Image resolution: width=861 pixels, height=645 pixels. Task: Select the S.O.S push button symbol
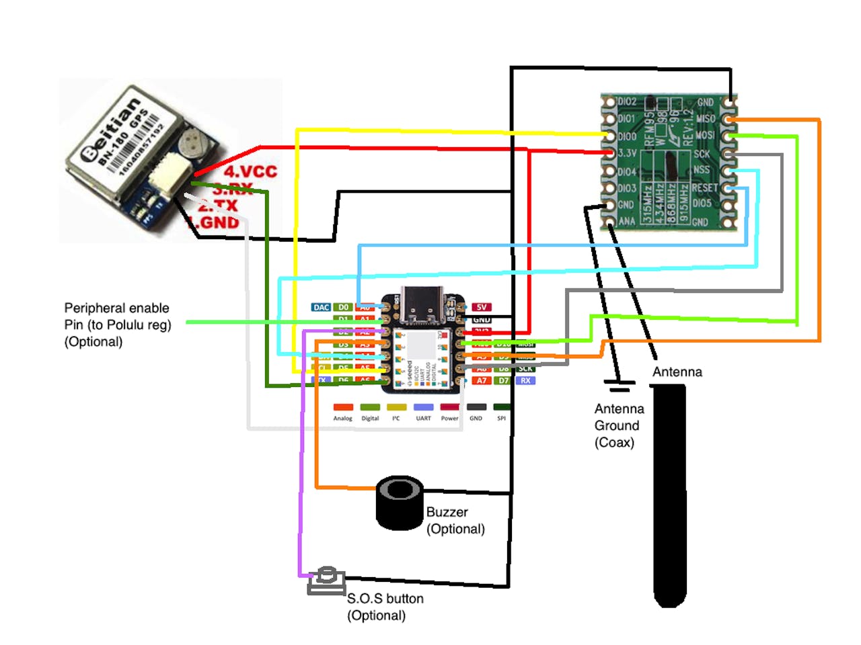click(327, 580)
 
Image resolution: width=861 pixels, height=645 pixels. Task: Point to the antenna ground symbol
click(619, 386)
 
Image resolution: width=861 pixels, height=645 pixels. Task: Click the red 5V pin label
click(482, 307)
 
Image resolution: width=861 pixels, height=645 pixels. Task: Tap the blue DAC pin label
click(321, 307)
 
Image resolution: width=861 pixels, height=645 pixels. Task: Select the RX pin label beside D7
click(525, 380)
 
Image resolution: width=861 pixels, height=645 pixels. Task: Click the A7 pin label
click(482, 380)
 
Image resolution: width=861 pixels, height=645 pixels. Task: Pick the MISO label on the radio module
click(705, 119)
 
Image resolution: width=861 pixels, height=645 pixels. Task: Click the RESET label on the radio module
click(704, 187)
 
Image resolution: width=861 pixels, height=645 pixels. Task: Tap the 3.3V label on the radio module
click(627, 153)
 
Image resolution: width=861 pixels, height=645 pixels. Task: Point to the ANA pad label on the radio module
click(626, 221)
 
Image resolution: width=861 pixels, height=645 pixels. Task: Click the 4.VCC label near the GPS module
click(250, 172)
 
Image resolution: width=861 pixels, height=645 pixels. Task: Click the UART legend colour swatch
click(423, 407)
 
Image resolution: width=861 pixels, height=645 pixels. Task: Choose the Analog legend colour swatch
click(343, 407)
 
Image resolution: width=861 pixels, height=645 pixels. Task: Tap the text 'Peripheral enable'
click(116, 308)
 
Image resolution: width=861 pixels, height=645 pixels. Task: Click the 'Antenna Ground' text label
click(619, 417)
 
